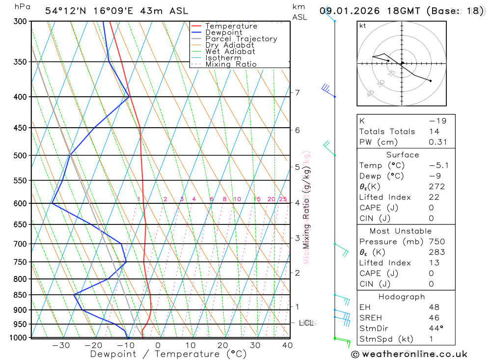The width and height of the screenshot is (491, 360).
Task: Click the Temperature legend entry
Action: click(231, 26)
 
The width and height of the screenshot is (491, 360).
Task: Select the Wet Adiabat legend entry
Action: click(230, 52)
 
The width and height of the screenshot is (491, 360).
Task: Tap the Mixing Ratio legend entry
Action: click(231, 64)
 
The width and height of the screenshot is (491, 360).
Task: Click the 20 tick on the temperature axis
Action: click(222, 345)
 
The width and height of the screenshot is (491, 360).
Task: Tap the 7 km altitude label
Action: click(297, 92)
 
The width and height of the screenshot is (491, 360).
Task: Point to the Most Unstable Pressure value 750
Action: click(436, 242)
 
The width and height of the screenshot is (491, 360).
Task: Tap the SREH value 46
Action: click(434, 318)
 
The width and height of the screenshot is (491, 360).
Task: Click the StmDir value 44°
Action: click(435, 329)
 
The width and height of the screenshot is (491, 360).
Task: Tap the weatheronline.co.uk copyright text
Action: click(409, 354)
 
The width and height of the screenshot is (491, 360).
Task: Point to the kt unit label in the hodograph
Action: click(362, 26)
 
